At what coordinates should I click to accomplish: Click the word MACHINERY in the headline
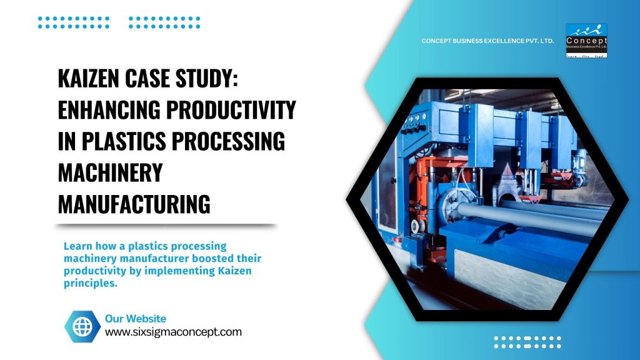[x=109, y=172]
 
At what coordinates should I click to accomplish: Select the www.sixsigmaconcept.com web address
[x=173, y=332]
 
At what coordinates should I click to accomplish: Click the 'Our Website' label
[x=135, y=319]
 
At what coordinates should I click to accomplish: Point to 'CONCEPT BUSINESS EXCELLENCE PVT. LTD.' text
[x=487, y=41]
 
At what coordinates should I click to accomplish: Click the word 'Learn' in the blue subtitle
[x=77, y=246]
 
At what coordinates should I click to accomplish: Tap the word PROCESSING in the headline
[x=226, y=142]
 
